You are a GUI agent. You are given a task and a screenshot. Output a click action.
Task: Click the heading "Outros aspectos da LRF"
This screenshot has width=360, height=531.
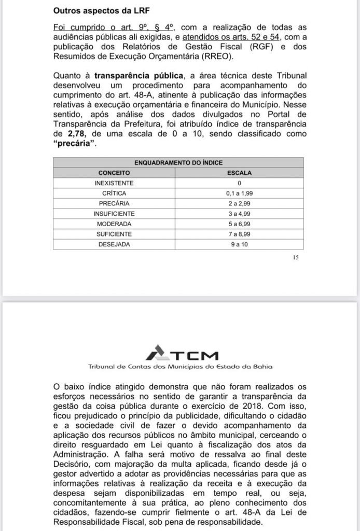tap(99, 10)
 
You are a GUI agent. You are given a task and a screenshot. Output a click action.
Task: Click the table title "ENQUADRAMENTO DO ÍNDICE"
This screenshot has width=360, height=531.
tap(178, 163)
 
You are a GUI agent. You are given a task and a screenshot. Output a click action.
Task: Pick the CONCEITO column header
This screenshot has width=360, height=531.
tap(114, 173)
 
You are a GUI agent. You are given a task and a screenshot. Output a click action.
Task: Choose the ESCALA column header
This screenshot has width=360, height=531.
tap(240, 173)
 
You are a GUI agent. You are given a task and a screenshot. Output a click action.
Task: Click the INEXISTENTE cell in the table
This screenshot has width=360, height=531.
tap(114, 183)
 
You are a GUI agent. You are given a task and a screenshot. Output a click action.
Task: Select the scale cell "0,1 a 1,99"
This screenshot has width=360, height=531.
tap(240, 193)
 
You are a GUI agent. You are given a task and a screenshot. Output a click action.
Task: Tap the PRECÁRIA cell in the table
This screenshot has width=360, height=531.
tap(114, 203)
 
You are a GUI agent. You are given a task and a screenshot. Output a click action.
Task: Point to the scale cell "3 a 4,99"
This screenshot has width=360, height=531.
tap(240, 213)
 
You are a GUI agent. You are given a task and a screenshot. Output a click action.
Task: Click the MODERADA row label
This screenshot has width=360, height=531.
tap(114, 223)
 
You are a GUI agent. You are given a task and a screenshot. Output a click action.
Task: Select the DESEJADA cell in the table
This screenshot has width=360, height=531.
tap(114, 244)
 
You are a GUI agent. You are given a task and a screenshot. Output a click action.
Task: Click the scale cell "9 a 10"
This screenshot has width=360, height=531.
tap(240, 244)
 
